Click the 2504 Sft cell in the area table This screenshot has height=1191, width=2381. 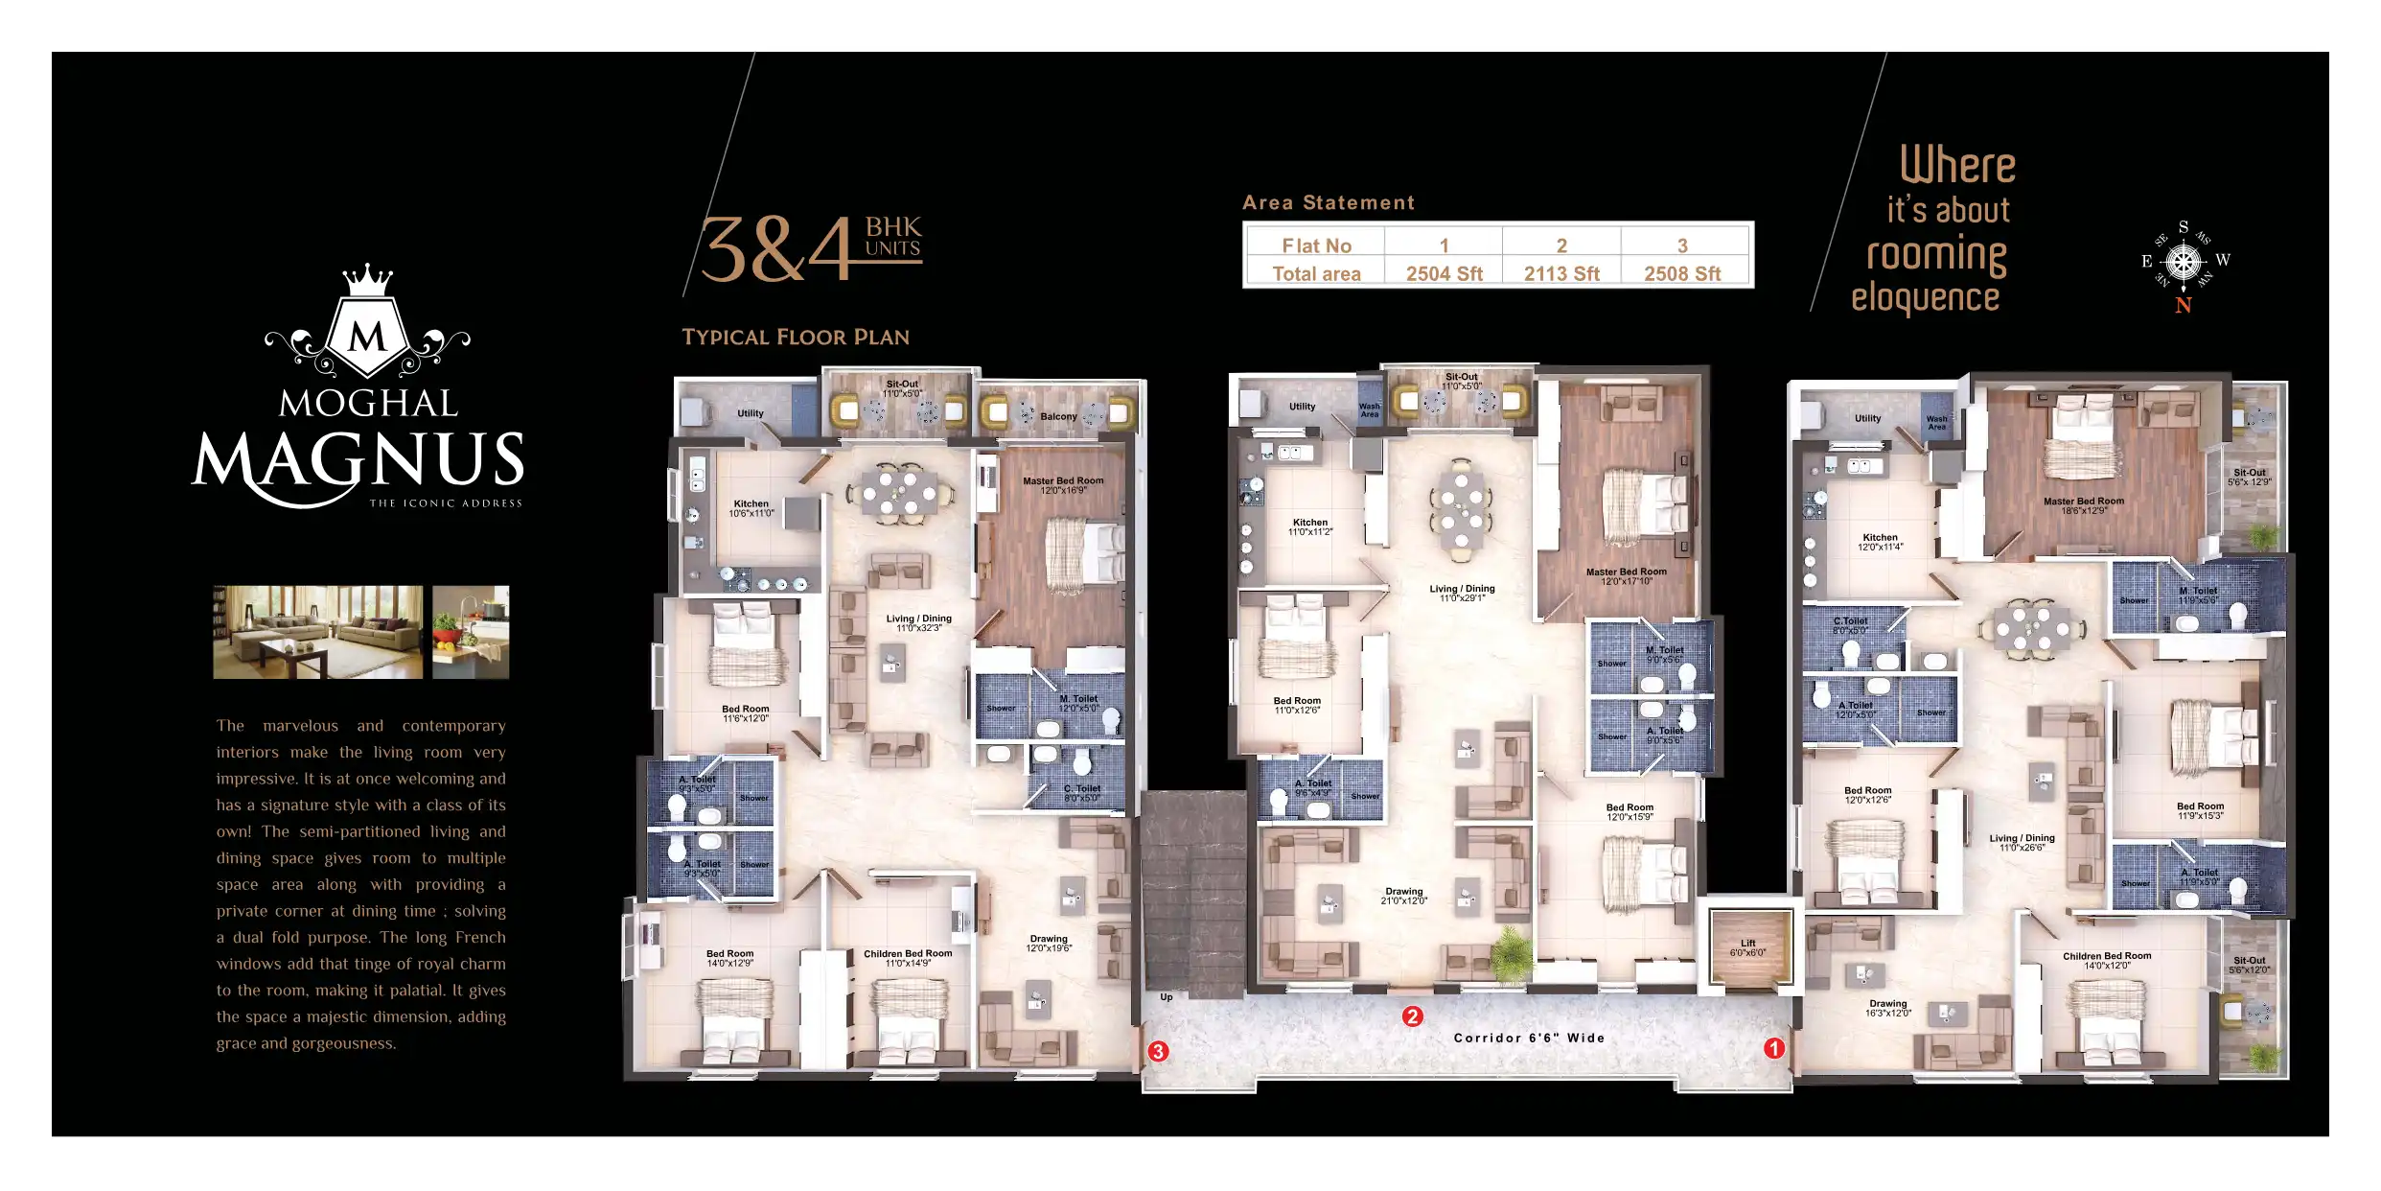pos(1444,273)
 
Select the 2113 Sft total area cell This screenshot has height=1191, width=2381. pos(1561,273)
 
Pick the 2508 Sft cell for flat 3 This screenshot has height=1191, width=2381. pos(1682,273)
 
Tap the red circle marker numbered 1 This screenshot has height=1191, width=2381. pos(1774,1048)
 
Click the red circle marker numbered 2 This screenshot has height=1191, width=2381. pos(1412,1016)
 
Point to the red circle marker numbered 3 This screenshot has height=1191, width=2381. pos(1158,1051)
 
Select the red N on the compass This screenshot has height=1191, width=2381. pos(2184,306)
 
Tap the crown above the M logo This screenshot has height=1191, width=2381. pos(368,280)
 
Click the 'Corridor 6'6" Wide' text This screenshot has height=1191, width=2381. pos(1529,1038)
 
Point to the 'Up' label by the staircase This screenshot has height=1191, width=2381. pos(1167,997)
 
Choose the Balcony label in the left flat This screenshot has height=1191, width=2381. pos(1058,416)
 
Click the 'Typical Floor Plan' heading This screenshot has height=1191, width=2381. pos(796,338)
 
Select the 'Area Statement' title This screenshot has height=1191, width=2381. pos(1328,202)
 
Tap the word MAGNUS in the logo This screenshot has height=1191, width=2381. pos(359,460)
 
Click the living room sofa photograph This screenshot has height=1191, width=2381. pos(317,632)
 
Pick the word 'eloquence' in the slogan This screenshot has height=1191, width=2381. pos(1925,297)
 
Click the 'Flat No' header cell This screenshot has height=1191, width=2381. pos(1316,245)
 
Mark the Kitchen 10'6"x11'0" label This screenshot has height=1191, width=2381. pos(751,508)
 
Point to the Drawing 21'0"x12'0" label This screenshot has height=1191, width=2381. pos(1403,896)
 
